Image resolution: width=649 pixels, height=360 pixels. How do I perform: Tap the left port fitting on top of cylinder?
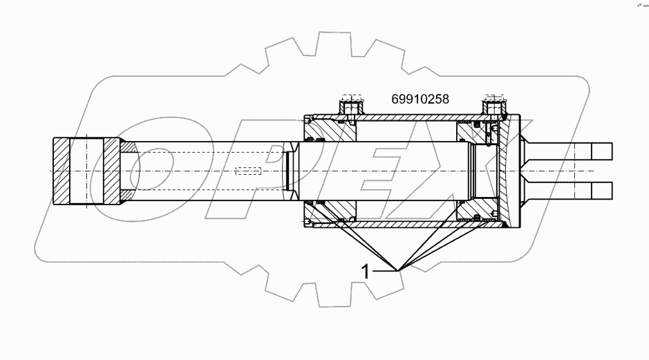(351, 106)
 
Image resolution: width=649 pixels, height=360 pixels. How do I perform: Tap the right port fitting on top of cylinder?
(495, 106)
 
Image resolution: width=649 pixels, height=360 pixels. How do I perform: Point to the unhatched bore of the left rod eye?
(88, 171)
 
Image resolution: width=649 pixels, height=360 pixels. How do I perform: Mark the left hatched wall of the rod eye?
(62, 171)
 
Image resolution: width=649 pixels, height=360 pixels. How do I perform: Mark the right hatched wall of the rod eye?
(112, 171)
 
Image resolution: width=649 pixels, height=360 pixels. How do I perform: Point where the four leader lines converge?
(397, 269)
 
